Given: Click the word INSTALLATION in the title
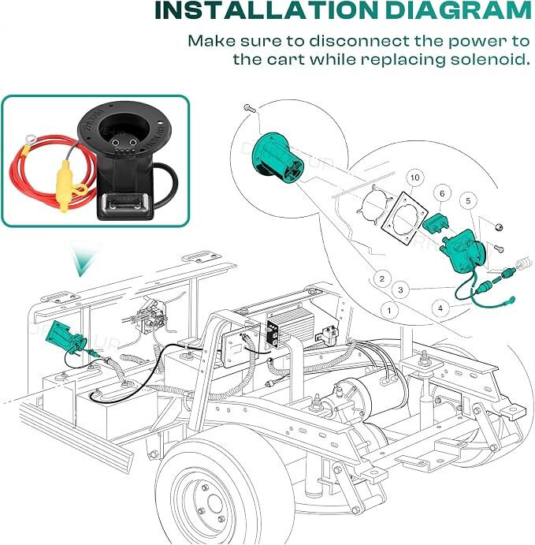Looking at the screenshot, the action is [266, 10].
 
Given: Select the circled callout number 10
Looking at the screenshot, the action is [415, 178].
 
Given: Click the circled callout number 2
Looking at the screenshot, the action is [382, 278].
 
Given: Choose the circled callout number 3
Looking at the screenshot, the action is [400, 289].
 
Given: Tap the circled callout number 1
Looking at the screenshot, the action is [388, 310].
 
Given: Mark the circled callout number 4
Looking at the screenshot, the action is [440, 308].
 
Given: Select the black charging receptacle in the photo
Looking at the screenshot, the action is [125, 160].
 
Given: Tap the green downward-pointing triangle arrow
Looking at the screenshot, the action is [80, 259].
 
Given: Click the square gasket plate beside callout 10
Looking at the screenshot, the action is [404, 218].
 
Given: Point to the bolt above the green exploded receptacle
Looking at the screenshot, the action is [250, 108].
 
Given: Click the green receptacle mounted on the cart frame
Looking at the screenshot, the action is [68, 337].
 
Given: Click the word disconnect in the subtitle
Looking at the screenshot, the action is [359, 41].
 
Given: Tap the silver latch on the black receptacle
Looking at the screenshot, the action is [126, 203].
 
